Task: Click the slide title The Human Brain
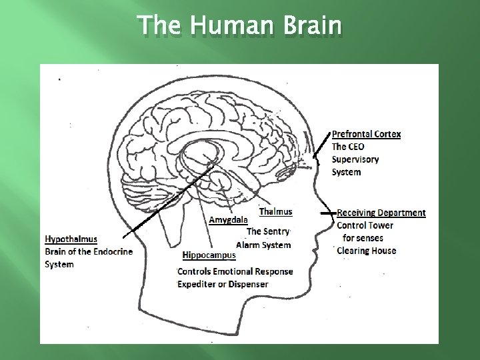click(x=240, y=27)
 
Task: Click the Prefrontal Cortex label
click(x=366, y=134)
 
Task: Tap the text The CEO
click(x=348, y=147)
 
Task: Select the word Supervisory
click(x=355, y=159)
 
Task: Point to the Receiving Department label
click(x=381, y=213)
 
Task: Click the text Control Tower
click(x=365, y=225)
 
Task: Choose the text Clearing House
click(x=366, y=251)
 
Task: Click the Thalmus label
click(x=275, y=212)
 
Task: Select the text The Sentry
click(x=268, y=232)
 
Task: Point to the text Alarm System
click(x=263, y=245)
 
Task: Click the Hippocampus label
click(x=209, y=255)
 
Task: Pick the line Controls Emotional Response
click(x=235, y=271)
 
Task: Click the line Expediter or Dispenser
click(x=223, y=284)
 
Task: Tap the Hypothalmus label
click(x=71, y=239)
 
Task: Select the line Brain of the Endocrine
click(x=89, y=251)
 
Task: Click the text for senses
click(x=363, y=238)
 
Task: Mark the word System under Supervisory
click(x=346, y=172)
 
